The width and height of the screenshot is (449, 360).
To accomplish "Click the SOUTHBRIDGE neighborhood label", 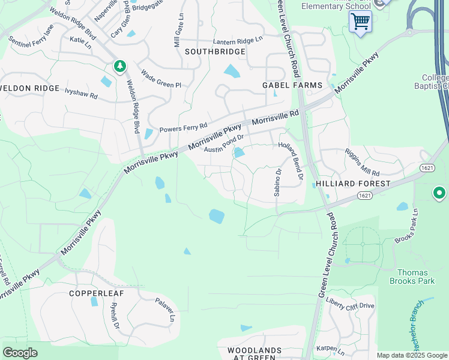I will click(215, 52).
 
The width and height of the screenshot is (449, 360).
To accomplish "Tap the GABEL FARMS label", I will click(292, 86).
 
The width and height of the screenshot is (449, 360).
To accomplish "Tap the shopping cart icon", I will click(360, 22).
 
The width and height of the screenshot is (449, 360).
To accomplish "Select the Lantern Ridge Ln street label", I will click(238, 41).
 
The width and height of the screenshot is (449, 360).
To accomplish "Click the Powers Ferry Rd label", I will click(183, 128).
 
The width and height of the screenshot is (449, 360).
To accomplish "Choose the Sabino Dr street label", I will click(277, 179).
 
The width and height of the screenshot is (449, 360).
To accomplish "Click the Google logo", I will click(20, 353).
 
